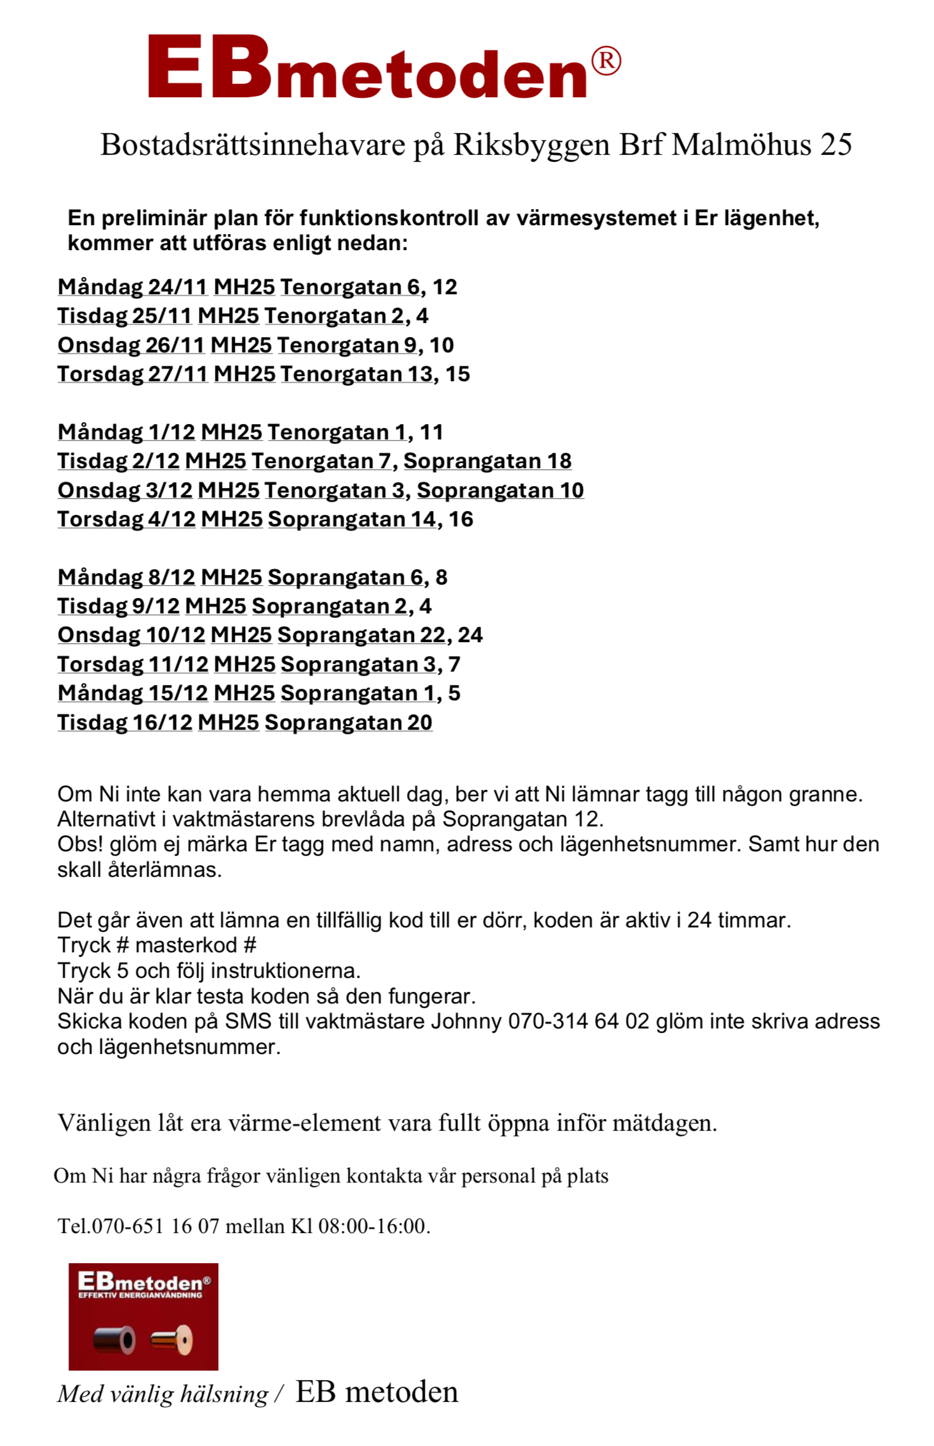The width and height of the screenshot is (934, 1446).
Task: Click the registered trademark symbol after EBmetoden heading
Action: click(605, 61)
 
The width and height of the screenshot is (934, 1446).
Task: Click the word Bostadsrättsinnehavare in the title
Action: click(253, 145)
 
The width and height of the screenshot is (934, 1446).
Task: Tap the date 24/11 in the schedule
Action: click(178, 287)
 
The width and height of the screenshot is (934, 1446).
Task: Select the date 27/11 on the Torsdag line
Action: click(178, 374)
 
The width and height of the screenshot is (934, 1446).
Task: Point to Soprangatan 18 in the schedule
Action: click(487, 461)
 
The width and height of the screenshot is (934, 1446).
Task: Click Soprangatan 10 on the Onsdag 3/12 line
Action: click(500, 491)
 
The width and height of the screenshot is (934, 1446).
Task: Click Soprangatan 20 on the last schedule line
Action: click(349, 723)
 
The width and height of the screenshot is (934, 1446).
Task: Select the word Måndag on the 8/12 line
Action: click(100, 578)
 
